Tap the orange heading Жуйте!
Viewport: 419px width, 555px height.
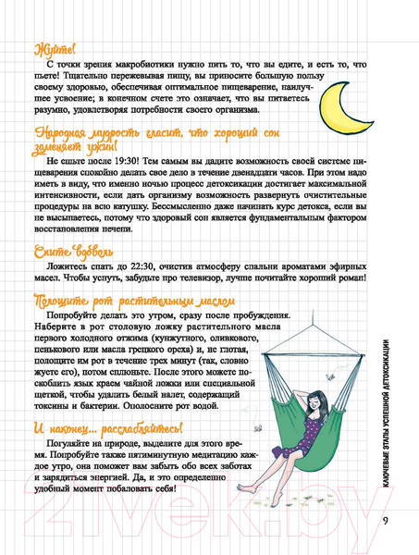pyautogui.click(x=55, y=48)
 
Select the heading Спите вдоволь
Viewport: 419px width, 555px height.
pyautogui.click(x=73, y=251)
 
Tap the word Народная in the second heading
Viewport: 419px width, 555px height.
pyautogui.click(x=60, y=139)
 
